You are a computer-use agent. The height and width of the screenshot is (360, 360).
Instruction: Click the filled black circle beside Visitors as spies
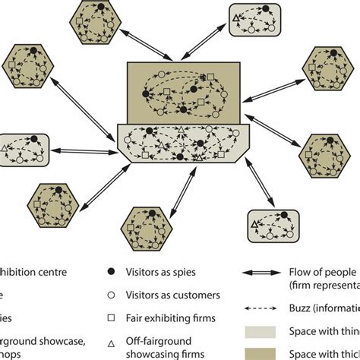pos(112,270)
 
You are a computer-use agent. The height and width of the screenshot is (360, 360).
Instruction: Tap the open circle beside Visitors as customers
pos(112,295)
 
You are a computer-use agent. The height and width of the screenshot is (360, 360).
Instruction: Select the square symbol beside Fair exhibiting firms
pos(112,319)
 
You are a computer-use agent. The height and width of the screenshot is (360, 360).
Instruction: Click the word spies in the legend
pos(187,271)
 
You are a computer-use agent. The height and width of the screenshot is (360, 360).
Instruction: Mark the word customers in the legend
pos(196,295)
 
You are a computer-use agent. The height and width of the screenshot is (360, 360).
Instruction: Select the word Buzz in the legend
pos(302,308)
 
